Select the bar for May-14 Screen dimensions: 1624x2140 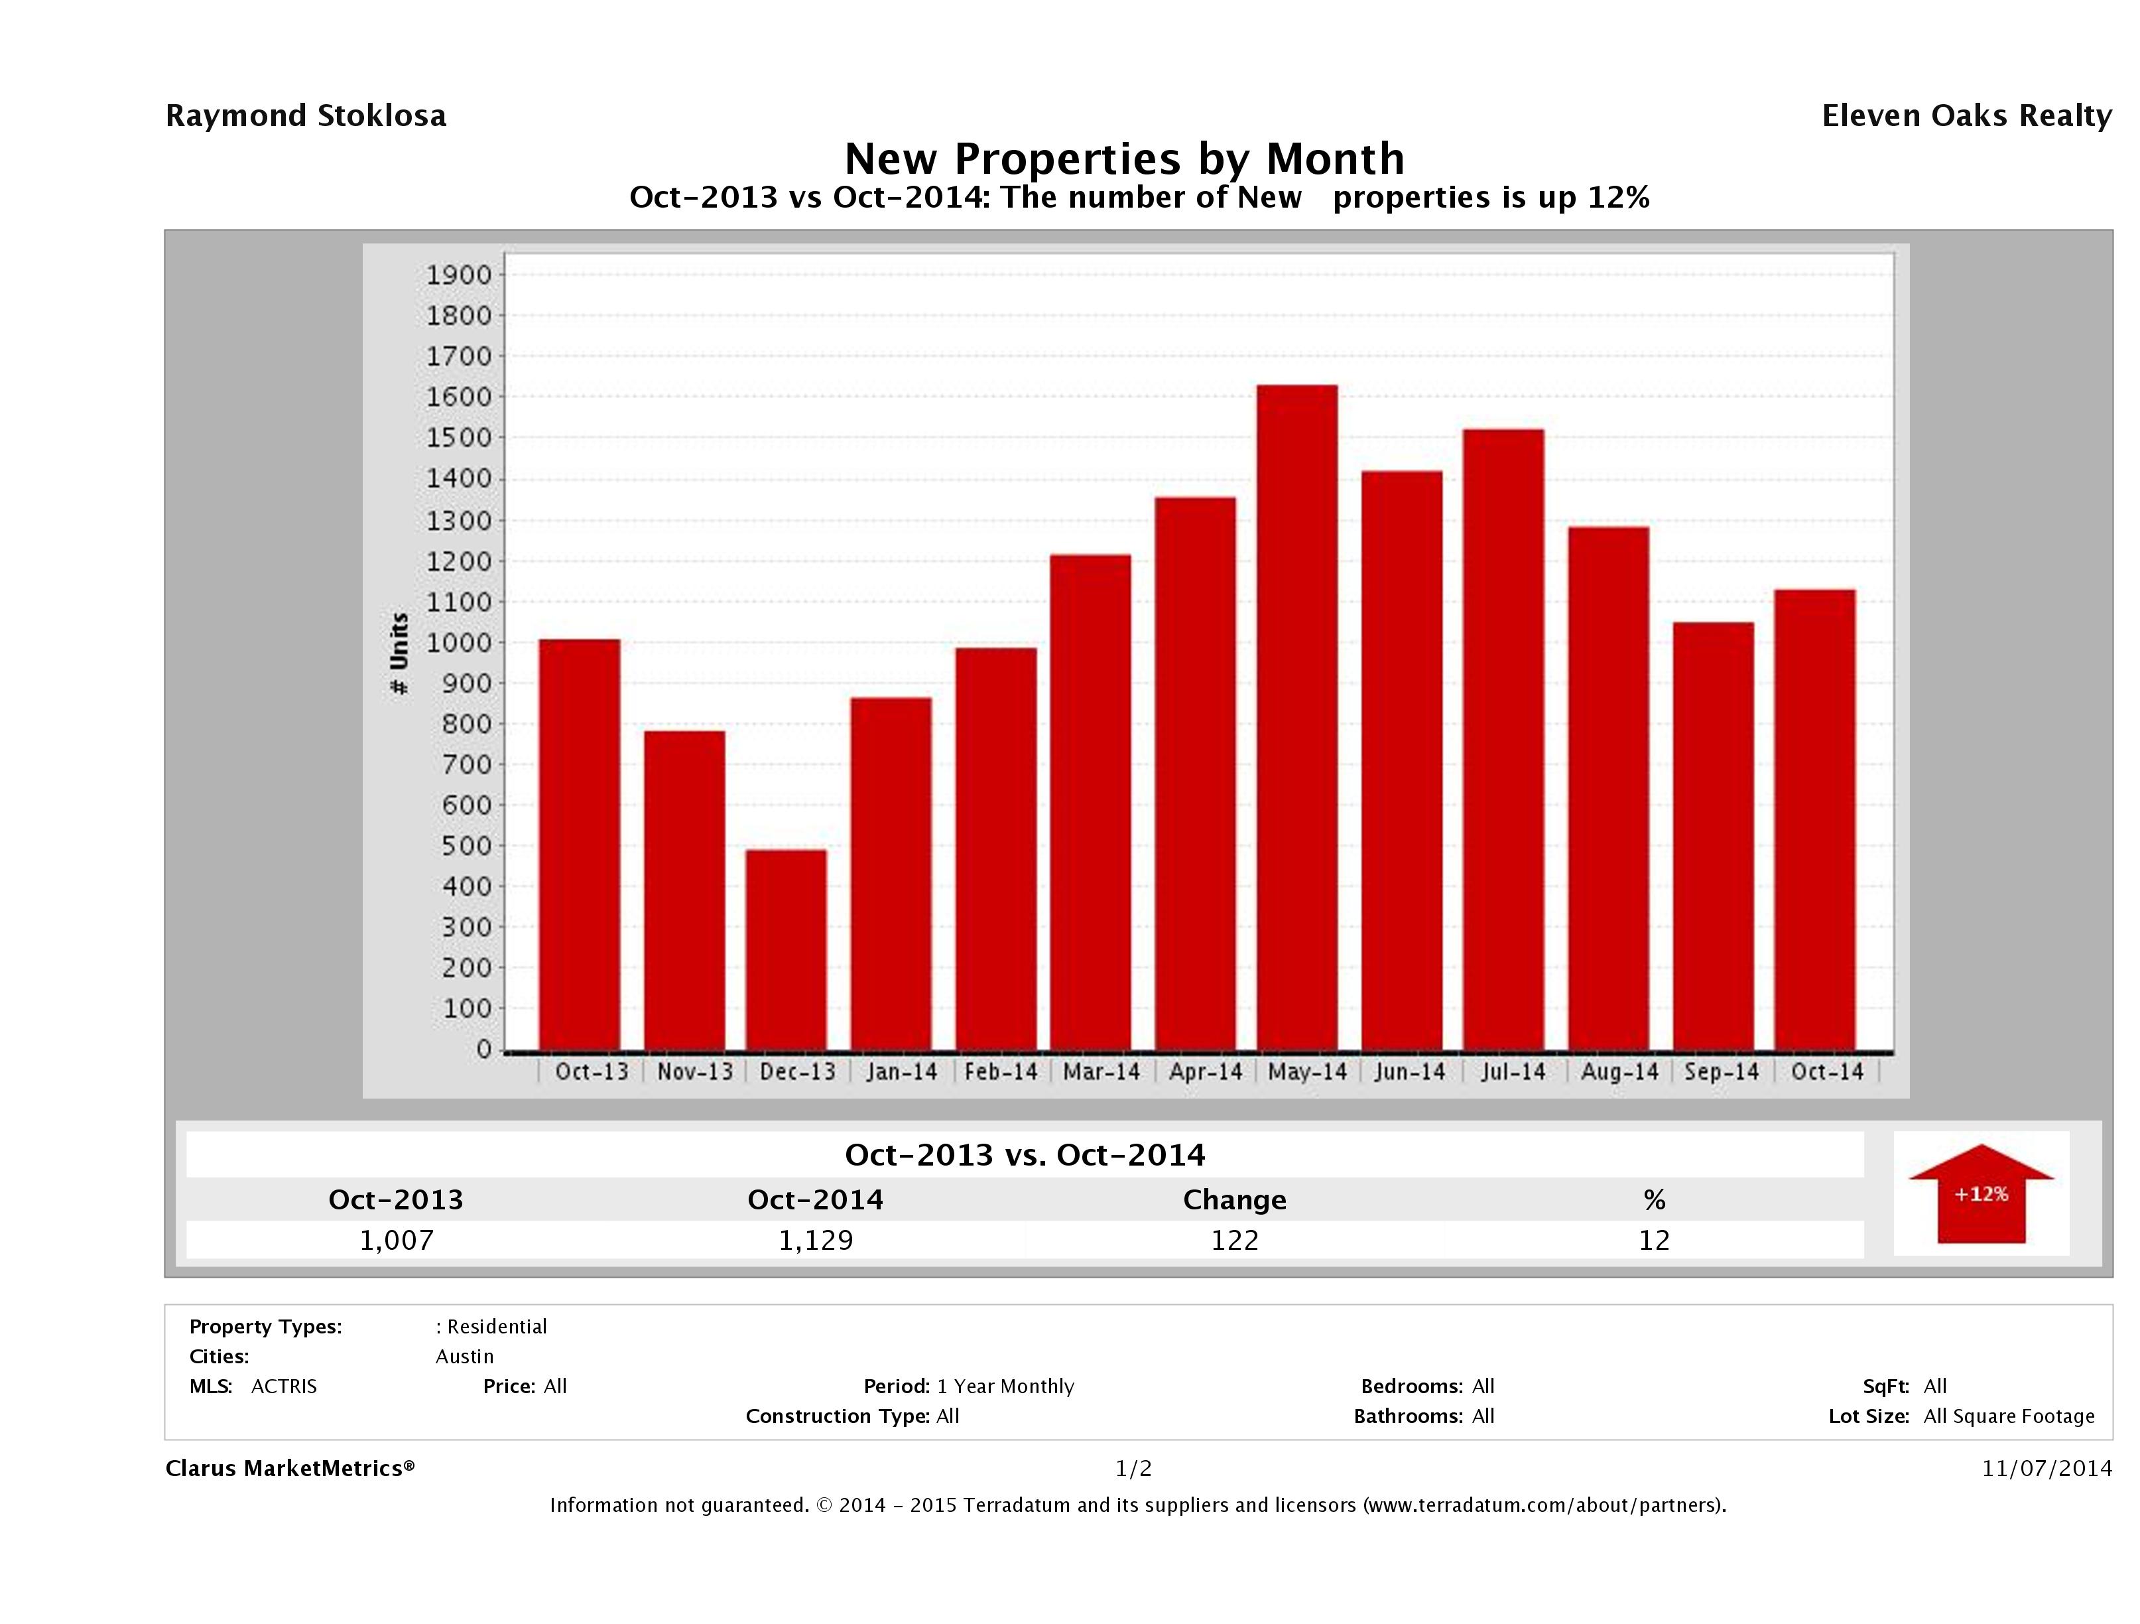tap(1297, 717)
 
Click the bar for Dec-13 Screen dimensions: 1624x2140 tap(786, 949)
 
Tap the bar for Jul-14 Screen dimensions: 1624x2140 tap(1503, 740)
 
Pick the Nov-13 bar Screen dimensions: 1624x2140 tap(684, 890)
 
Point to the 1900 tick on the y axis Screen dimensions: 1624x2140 tap(459, 275)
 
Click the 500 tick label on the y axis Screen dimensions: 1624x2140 tap(459, 845)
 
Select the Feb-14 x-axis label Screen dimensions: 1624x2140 tap(1000, 1071)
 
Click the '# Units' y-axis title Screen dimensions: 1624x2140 tap(399, 654)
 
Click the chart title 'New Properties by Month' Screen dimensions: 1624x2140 tap(1124, 158)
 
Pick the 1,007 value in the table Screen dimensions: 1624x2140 tap(397, 1240)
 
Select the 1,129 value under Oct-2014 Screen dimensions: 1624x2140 tap(816, 1240)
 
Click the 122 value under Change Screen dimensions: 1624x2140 tap(1235, 1240)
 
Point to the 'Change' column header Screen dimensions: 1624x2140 tap(1235, 1200)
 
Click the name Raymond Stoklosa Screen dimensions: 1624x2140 tap(306, 116)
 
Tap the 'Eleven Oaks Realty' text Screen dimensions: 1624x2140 tap(1966, 116)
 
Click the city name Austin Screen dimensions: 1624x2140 tap(464, 1356)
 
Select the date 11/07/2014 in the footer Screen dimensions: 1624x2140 tap(2046, 1468)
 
